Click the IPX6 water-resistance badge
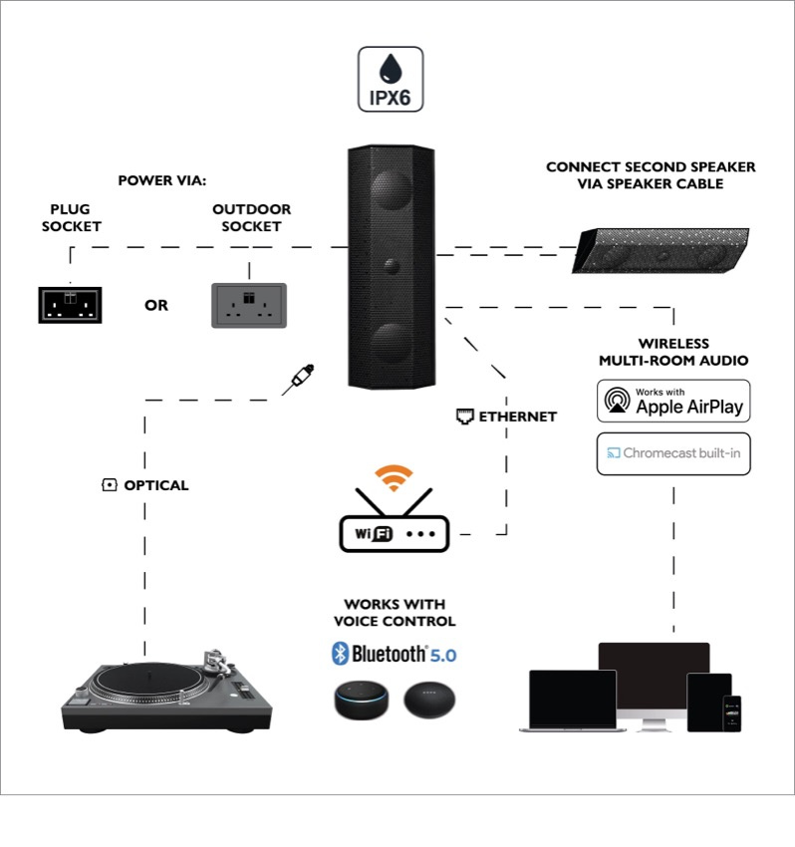[391, 79]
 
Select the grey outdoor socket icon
[249, 305]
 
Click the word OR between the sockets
[156, 305]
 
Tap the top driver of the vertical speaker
[392, 192]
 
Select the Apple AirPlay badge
[672, 401]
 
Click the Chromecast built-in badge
[673, 453]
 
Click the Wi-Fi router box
[395, 533]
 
